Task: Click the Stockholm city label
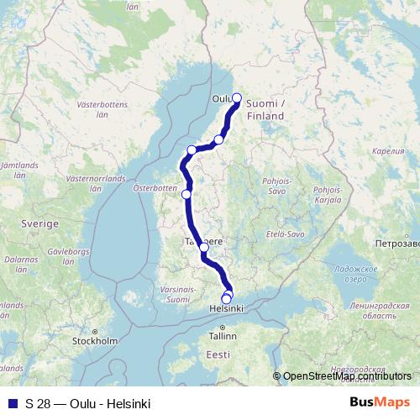pos(95,341)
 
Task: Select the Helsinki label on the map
pos(225,309)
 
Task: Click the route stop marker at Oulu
pos(237,97)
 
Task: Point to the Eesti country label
pos(218,355)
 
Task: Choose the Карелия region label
pos(388,152)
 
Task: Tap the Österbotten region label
pos(153,188)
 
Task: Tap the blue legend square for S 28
pos(13,404)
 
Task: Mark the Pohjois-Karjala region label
pos(327,196)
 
